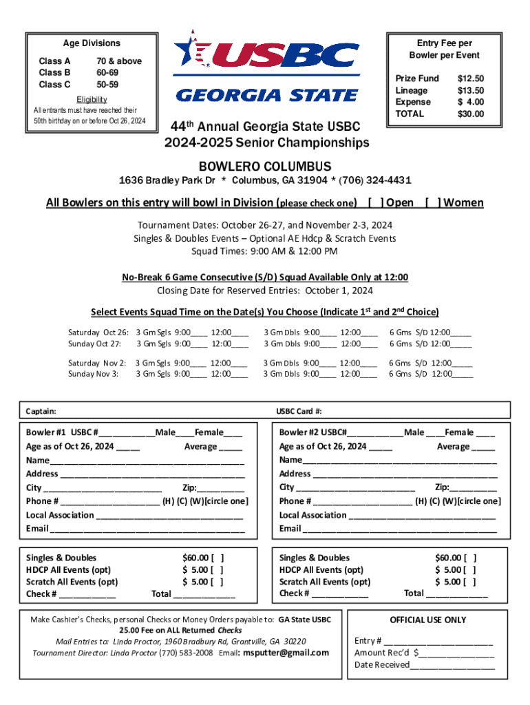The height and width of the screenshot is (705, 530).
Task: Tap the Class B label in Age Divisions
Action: [x=54, y=72]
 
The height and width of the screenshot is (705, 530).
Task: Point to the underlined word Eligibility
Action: [x=92, y=99]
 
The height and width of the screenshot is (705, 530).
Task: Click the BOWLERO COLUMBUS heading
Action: [x=265, y=167]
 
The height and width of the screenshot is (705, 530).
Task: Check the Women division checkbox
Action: [x=433, y=202]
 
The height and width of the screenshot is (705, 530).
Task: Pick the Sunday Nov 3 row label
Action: [x=93, y=374]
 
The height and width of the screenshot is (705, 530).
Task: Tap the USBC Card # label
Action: [x=299, y=411]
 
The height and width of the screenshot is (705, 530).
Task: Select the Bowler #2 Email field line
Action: [x=399, y=529]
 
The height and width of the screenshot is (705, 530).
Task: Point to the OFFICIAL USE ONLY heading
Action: [x=427, y=620]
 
